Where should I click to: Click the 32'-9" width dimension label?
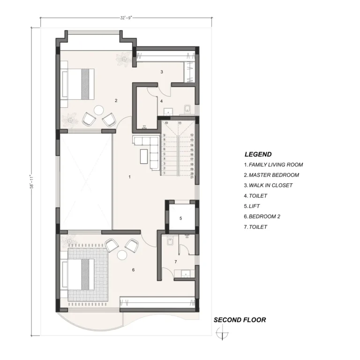(x=126, y=18)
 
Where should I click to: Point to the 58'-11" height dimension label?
(x=32, y=181)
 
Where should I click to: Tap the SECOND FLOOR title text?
(x=240, y=320)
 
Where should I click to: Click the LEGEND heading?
(x=258, y=154)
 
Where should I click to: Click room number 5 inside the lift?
(x=180, y=218)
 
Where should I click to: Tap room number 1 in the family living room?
(x=130, y=177)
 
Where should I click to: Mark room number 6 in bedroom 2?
(x=134, y=270)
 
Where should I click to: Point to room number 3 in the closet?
(x=162, y=72)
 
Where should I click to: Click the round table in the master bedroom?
(x=99, y=110)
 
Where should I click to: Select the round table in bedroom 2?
(x=122, y=255)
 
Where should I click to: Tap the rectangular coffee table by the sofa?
(x=144, y=157)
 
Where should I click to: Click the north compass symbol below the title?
(x=222, y=333)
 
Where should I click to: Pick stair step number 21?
(x=192, y=177)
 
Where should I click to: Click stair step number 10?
(x=166, y=123)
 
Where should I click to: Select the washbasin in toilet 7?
(x=186, y=274)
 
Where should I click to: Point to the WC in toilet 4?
(x=187, y=109)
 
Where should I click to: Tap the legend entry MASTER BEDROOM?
(x=271, y=175)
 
